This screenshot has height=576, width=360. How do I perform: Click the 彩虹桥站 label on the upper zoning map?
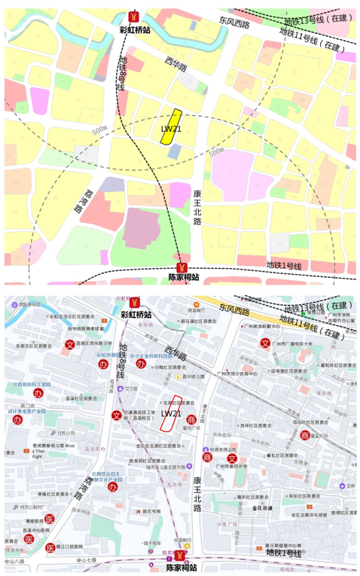point(136,30)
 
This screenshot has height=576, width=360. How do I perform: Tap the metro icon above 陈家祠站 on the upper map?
point(181,267)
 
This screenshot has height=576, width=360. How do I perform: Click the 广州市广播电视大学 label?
point(295,343)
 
